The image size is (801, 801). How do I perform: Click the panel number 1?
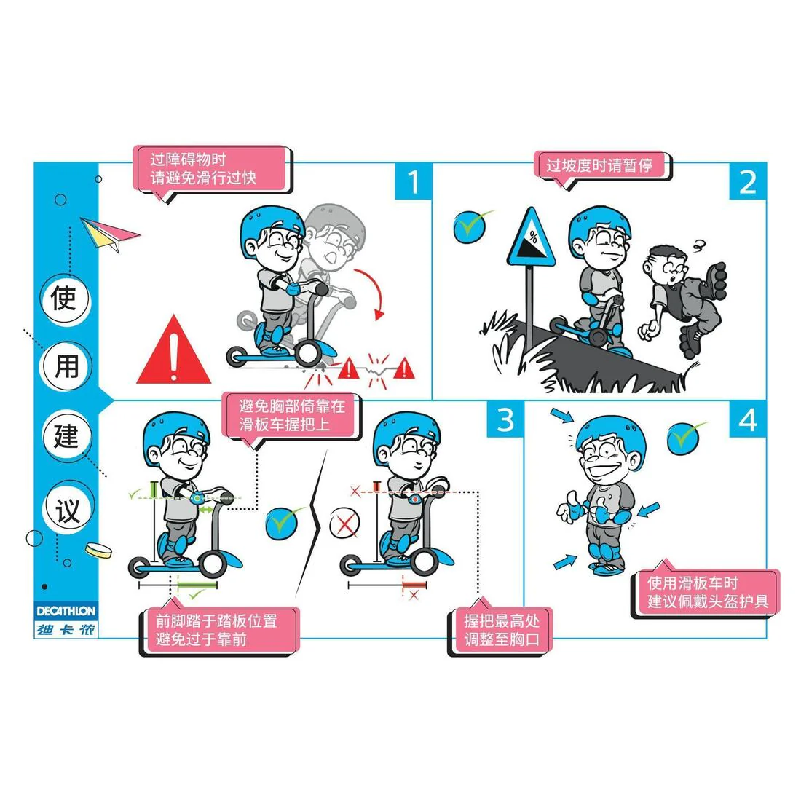tap(413, 182)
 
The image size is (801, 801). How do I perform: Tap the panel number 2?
tap(747, 182)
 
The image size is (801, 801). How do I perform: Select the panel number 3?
tap(505, 419)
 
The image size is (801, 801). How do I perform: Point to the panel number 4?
tap(747, 420)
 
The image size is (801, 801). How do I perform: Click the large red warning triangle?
tap(174, 352)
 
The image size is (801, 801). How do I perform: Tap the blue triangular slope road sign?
tap(531, 239)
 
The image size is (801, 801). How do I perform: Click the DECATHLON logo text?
tap(66, 611)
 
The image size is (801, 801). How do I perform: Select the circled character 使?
tap(64, 298)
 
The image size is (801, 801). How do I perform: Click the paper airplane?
tap(109, 234)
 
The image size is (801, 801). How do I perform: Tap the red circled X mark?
tap(344, 524)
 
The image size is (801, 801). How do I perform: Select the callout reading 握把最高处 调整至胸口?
tap(501, 630)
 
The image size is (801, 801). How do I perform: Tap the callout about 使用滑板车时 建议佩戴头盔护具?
tap(706, 593)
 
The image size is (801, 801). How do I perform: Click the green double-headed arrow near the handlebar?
tap(206, 510)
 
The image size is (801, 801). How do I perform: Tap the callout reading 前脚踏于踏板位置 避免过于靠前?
tap(218, 631)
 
